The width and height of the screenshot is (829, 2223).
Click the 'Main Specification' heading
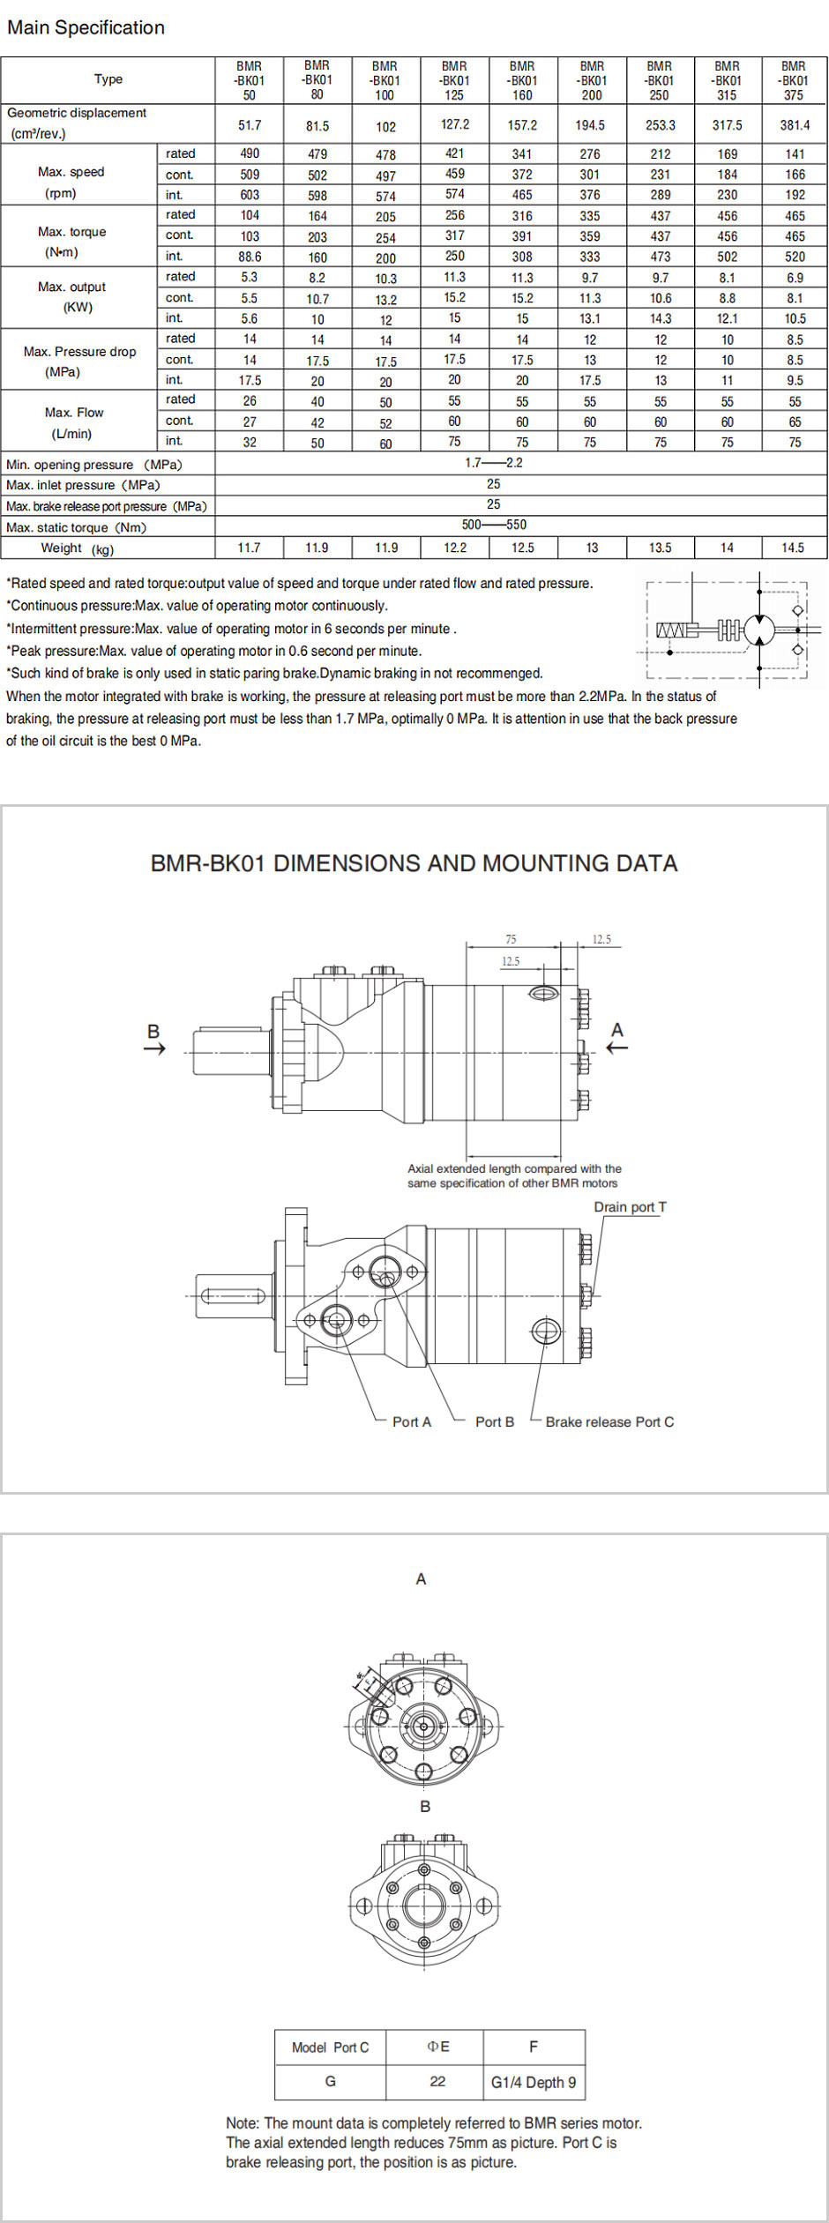[x=86, y=27]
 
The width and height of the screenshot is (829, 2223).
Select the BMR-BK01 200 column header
[x=592, y=80]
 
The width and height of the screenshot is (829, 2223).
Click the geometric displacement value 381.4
[x=794, y=125]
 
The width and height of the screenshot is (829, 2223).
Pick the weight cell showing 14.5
[x=792, y=548]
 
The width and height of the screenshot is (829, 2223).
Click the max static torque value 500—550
[x=494, y=525]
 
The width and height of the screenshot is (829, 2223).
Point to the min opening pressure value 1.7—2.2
[x=494, y=463]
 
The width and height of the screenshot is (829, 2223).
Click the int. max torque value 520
[x=795, y=257]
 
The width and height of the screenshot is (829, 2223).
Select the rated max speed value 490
[x=250, y=153]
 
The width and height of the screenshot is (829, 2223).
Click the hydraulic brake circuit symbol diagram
[x=729, y=629]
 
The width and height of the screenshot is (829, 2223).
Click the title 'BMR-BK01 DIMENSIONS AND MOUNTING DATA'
[x=414, y=863]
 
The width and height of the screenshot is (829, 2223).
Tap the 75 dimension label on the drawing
[x=511, y=939]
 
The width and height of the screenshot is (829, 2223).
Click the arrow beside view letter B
[x=154, y=1048]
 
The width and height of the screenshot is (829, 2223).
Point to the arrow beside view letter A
[x=617, y=1048]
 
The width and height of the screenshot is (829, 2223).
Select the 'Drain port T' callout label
[x=630, y=1207]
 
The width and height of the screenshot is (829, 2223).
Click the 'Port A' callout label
[x=411, y=1421]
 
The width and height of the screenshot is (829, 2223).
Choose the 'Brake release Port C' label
[x=609, y=1421]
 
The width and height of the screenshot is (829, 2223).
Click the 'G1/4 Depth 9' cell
[x=533, y=2082]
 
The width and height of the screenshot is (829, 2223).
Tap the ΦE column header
[x=438, y=2047]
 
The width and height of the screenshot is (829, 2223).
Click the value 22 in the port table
[x=437, y=2081]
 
